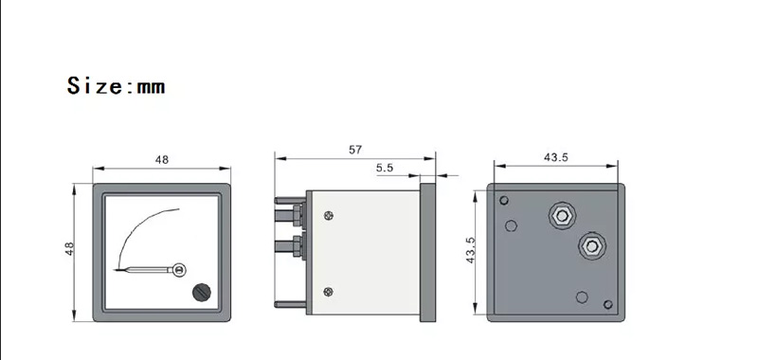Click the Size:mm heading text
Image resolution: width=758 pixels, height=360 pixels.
point(116,85)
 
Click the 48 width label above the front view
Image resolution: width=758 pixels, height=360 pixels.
point(161,159)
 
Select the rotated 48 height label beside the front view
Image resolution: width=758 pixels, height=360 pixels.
point(69,248)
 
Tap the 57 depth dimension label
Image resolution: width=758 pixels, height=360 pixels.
point(355,150)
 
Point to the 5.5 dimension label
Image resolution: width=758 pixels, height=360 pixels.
point(385,168)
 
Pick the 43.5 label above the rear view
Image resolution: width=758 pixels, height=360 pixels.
point(556,157)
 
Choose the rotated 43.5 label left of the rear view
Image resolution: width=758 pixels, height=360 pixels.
point(470,250)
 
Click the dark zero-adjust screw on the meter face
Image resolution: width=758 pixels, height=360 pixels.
point(202,292)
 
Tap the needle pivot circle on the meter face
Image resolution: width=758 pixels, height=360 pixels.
point(179,270)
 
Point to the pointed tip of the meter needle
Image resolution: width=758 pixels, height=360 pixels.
point(115,270)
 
